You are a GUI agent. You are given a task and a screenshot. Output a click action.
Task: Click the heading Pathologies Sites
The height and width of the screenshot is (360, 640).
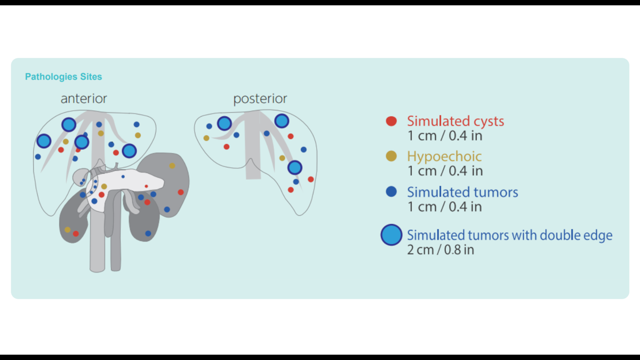tap(63, 77)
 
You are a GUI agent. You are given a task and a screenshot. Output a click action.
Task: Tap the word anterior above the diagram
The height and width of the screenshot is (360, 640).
tap(84, 99)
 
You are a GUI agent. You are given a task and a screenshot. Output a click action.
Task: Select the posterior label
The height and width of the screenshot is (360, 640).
tap(260, 99)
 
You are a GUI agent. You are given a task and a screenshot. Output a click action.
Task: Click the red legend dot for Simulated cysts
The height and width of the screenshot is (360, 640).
tap(391, 122)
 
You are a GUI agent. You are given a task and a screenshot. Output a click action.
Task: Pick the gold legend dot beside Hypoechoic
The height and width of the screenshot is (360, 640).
tap(391, 156)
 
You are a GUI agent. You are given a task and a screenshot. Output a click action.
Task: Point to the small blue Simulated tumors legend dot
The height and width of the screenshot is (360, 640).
tap(391, 192)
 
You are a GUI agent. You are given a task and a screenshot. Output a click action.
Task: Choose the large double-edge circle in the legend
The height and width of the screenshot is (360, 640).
tap(391, 235)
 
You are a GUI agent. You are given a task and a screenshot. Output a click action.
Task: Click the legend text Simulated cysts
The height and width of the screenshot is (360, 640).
tap(455, 121)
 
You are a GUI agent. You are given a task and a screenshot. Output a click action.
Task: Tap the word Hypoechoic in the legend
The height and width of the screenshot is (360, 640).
tap(444, 156)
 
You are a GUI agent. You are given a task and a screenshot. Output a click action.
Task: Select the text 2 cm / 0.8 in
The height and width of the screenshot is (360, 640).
tap(441, 249)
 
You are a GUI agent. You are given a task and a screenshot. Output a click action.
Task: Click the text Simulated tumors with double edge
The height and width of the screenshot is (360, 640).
tap(509, 235)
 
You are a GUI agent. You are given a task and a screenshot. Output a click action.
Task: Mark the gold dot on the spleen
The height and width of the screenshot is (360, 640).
tap(172, 166)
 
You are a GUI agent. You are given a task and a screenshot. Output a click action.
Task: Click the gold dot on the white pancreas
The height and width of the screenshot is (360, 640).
tap(104, 186)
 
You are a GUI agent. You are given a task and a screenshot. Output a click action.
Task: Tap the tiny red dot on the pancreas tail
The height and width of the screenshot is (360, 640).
tap(146, 186)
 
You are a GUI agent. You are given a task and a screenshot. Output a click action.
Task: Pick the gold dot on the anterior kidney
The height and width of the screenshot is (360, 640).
tap(67, 230)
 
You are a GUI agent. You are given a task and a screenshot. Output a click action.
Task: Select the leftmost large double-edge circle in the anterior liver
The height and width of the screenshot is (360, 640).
tap(44, 141)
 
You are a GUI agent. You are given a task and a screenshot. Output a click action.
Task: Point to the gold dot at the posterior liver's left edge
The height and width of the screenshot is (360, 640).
tap(206, 138)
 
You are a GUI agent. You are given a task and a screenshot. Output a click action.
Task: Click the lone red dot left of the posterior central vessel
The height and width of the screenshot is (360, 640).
tap(227, 147)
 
